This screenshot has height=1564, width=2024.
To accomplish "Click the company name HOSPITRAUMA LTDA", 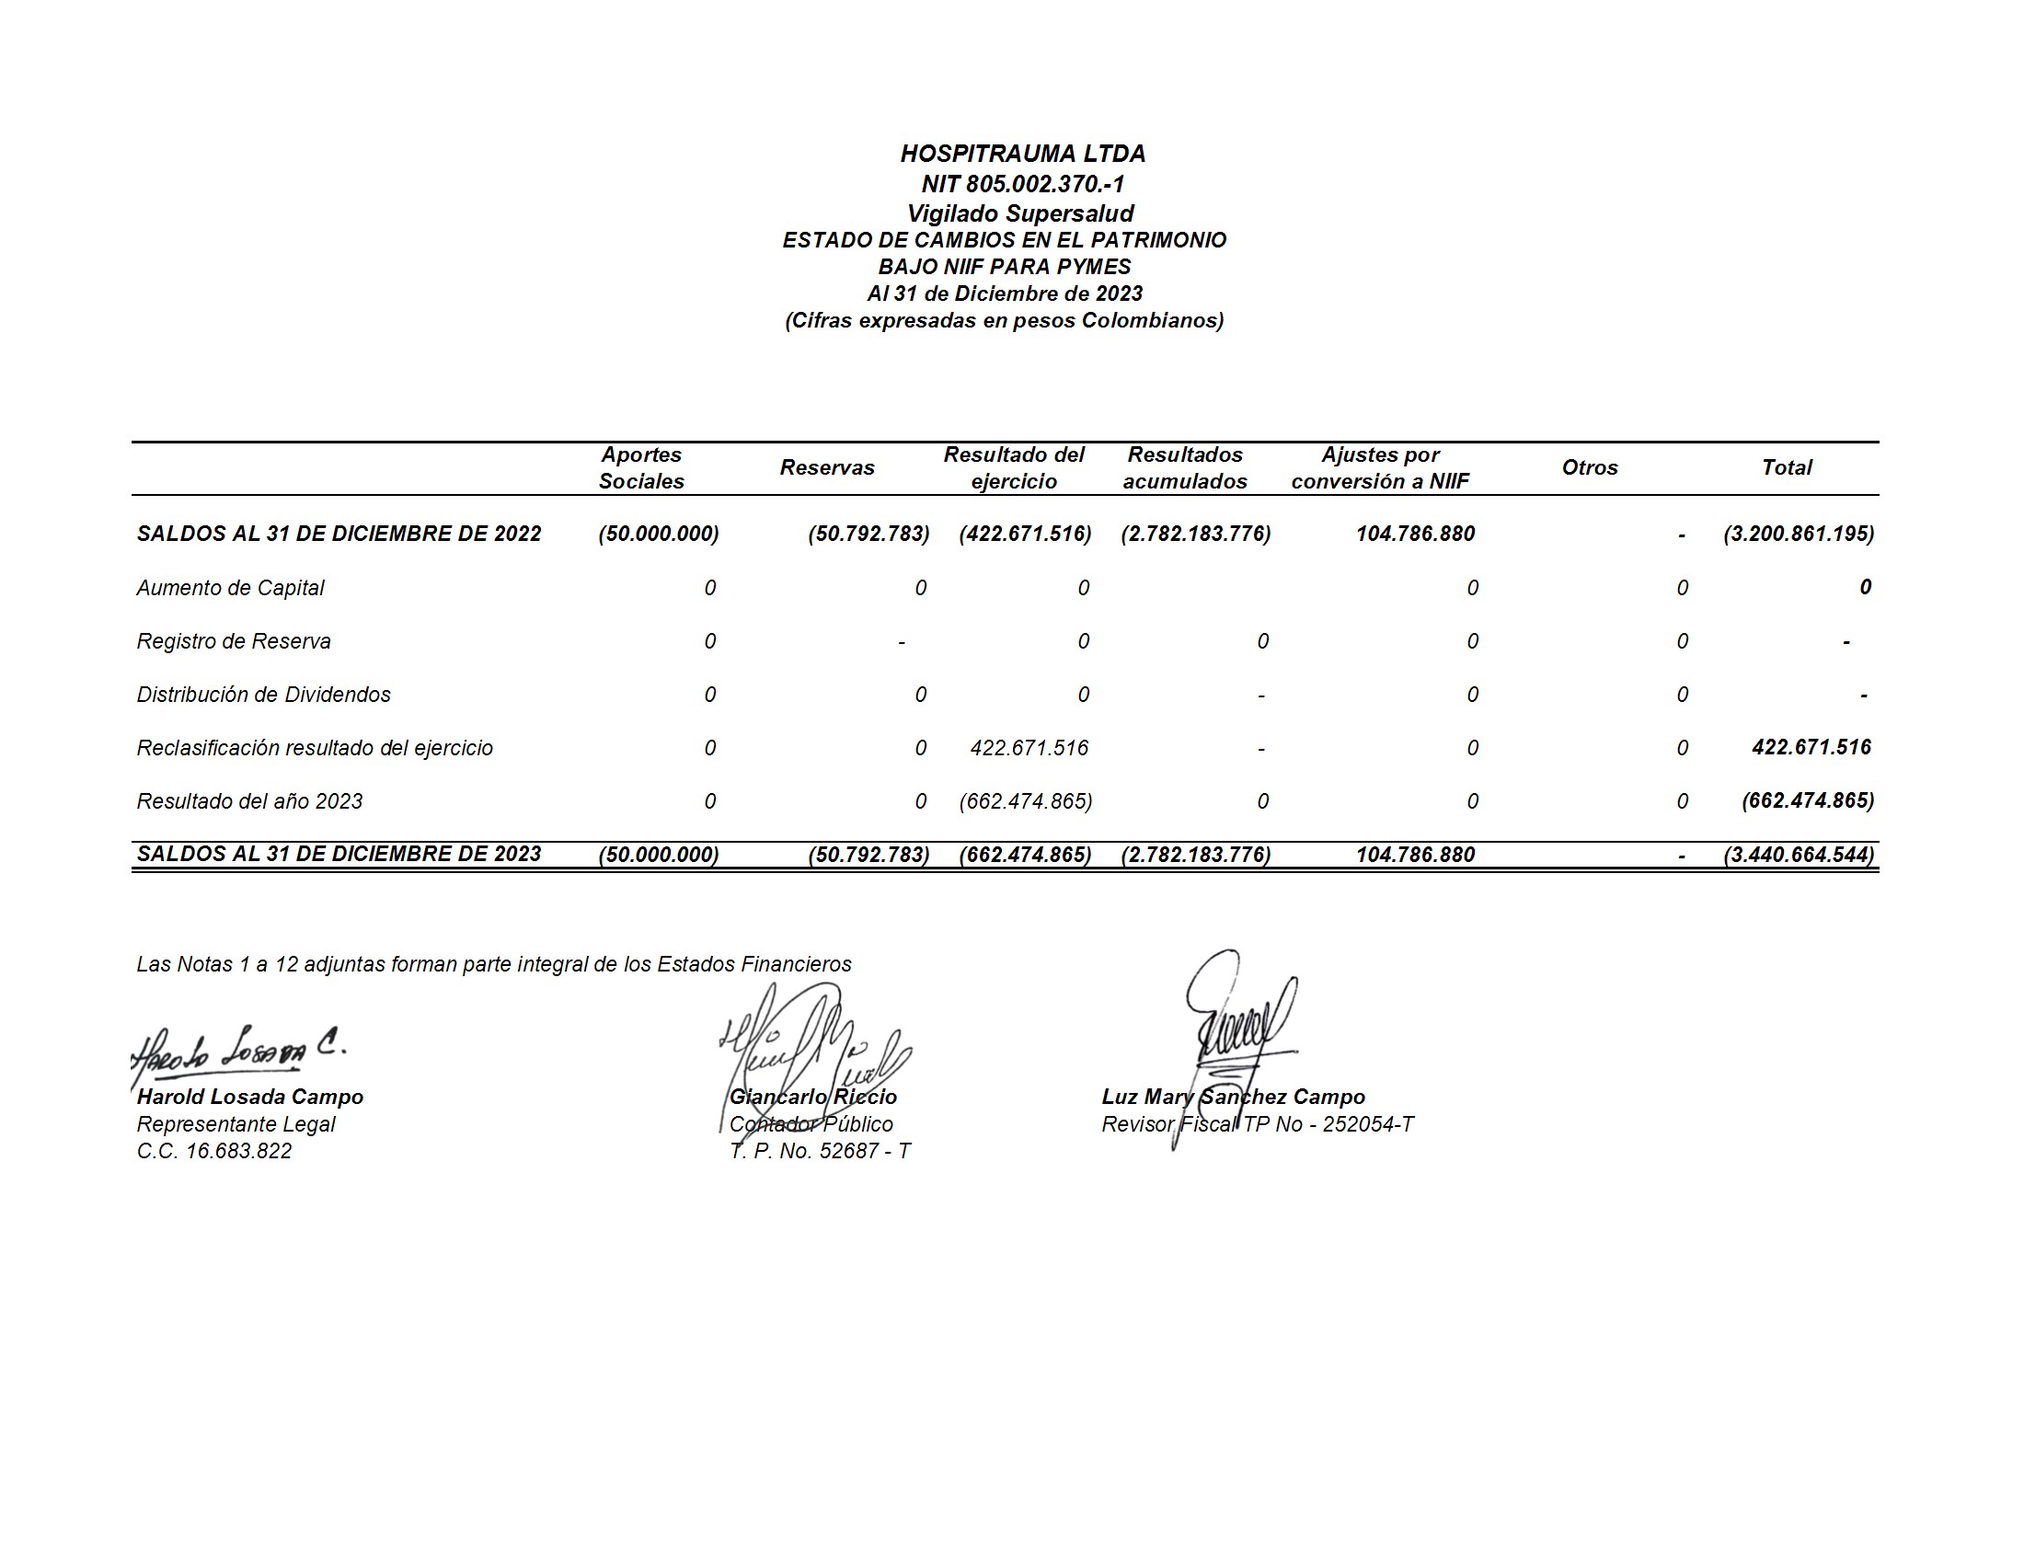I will [x=1022, y=154].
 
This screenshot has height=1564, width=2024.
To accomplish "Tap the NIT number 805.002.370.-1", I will [x=1022, y=183].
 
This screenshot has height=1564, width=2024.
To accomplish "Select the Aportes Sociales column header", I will [x=641, y=468].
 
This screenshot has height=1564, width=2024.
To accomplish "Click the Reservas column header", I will [x=827, y=468].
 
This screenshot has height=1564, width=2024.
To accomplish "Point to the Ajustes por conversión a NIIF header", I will [x=1380, y=468].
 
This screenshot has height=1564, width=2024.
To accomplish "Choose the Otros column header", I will [x=1590, y=468].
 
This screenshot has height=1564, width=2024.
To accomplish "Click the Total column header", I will [x=1786, y=468].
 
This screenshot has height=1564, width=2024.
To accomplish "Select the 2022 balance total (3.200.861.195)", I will [x=1798, y=534].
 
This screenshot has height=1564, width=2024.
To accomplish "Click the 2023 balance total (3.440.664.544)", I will [x=1798, y=855].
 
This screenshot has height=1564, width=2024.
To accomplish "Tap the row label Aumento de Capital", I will [x=230, y=588].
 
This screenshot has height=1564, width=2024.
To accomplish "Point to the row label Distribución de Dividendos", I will [x=263, y=695].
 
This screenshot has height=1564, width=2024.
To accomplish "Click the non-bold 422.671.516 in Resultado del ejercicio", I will [x=1029, y=748].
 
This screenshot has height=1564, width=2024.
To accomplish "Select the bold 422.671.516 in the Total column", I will [x=1811, y=748].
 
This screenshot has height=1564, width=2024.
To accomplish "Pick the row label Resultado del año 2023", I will [x=249, y=801].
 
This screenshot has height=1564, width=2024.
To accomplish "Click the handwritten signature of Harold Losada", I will [x=238, y=1052].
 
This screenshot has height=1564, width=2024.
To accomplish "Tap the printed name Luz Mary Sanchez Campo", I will [x=1233, y=1097].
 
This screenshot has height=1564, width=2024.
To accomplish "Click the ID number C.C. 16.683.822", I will [x=214, y=1151].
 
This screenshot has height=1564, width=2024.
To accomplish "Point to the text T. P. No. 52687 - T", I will [x=819, y=1151].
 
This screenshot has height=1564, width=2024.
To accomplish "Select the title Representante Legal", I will [x=236, y=1124].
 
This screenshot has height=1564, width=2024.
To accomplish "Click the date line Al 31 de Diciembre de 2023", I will [x=1005, y=293].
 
